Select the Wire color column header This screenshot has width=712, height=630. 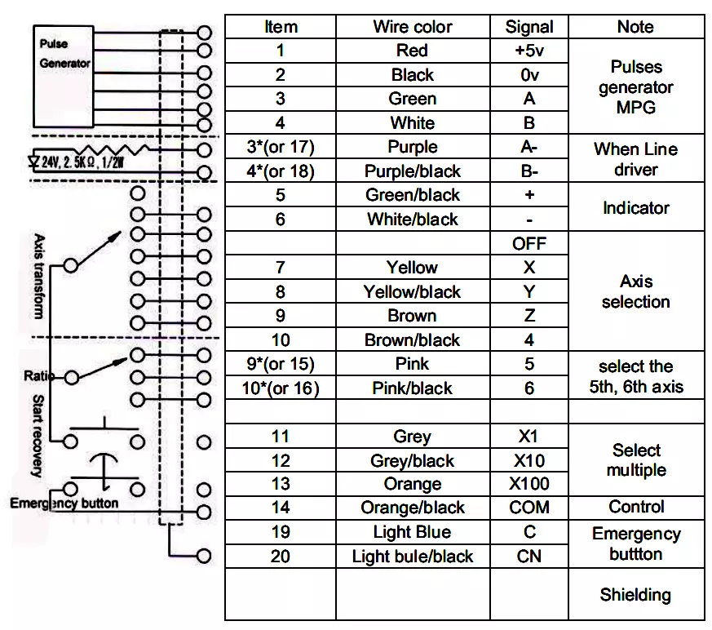[x=413, y=27]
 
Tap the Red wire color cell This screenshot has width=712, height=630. [x=413, y=51]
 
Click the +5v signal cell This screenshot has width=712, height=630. [x=529, y=51]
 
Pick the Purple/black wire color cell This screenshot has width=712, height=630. [x=413, y=171]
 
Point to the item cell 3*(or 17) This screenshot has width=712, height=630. [x=281, y=147]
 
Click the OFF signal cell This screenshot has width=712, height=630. [x=529, y=243]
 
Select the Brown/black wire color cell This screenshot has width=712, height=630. [x=413, y=339]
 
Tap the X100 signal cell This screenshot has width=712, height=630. [x=529, y=484]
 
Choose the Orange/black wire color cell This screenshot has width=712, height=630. [x=413, y=508]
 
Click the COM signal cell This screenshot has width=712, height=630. [x=529, y=508]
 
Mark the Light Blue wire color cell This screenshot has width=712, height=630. [x=413, y=532]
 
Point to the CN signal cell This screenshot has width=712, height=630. [x=529, y=556]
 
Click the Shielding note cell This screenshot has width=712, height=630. [x=635, y=594]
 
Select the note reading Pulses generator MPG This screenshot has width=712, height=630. [x=635, y=87]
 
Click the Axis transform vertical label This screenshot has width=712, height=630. [x=39, y=277]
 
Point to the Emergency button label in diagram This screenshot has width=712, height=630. [x=64, y=504]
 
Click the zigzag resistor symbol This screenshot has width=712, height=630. [x=112, y=150]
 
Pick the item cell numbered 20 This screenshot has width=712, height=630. [x=281, y=556]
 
